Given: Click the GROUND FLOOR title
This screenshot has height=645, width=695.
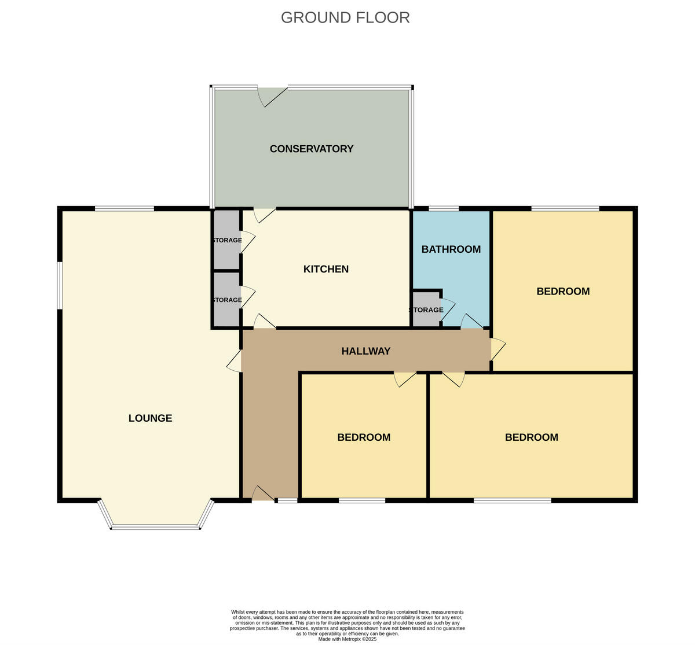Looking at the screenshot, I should coord(345,18).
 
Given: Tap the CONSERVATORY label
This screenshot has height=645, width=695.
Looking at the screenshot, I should coord(311,149).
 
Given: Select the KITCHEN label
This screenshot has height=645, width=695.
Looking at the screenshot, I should coord(326,269).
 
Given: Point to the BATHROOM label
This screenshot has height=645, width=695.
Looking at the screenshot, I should coord(451,249).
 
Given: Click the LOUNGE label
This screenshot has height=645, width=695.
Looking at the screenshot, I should coord(150,418).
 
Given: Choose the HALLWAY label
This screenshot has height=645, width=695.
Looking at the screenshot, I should coord(365,351).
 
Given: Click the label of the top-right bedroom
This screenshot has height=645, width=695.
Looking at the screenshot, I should coord(563,292).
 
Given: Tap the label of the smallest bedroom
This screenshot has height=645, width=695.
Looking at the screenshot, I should coord(364,437).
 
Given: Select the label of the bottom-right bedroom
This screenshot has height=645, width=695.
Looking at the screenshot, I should coord(531,437).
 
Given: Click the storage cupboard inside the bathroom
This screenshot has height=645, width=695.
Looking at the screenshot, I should coord(426,309).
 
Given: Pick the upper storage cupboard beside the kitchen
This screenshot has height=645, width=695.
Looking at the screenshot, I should coord(226,240).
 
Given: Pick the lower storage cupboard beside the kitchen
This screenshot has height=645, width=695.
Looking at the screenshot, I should coord(226,300).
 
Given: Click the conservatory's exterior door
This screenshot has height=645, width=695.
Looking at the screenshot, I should coord(272,95).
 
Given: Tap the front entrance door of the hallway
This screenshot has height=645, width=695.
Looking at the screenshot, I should coord(263,493).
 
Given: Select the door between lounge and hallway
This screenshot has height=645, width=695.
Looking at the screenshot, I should coord(235,361).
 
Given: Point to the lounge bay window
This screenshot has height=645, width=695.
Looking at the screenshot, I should coord(155,524).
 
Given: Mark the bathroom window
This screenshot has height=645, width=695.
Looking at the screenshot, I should coord(443,208).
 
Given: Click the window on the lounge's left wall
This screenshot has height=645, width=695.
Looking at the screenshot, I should coord(59,286).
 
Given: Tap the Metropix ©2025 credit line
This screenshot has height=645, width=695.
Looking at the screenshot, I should coord(347,639).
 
